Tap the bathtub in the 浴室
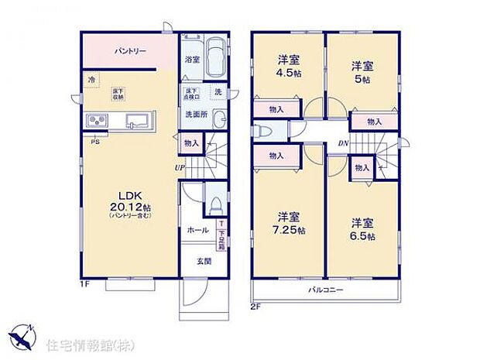click(215, 57)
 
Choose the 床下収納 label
click(119, 94)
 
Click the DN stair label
click(341, 143)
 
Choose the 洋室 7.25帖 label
click(290, 223)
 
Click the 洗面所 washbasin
click(218, 119)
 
